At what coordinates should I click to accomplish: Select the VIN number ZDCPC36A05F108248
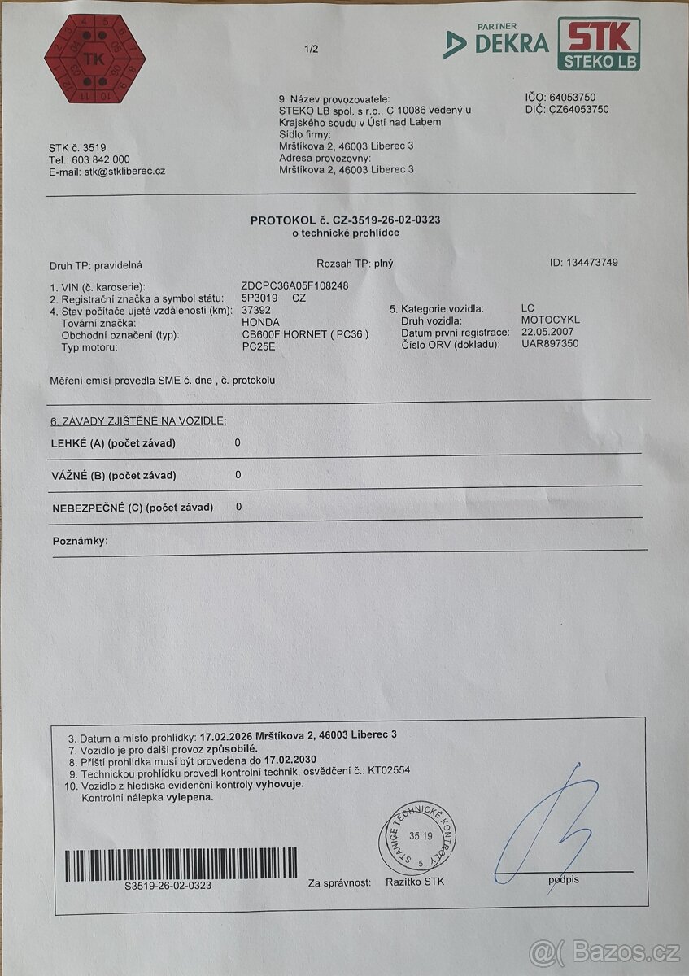[x=295, y=286]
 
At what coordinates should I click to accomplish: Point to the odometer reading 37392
[x=257, y=310]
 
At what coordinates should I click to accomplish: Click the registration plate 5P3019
[x=259, y=298]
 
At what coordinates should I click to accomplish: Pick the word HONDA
[x=260, y=322]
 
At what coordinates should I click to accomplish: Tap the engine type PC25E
[x=259, y=346]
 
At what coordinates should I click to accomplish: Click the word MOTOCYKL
[x=550, y=320]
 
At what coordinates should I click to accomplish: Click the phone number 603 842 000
[x=100, y=159]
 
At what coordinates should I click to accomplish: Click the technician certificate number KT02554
[x=390, y=771]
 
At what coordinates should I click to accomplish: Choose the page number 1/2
[x=312, y=50]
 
